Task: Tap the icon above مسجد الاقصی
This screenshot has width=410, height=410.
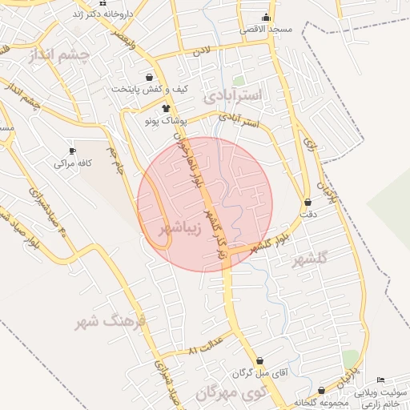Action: click(x=267, y=18)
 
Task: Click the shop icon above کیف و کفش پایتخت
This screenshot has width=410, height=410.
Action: click(x=150, y=78)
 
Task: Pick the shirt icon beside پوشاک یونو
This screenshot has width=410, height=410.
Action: click(x=166, y=108)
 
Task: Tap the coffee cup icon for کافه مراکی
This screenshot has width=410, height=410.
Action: click(x=73, y=151)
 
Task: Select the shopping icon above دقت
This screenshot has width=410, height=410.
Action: click(x=308, y=203)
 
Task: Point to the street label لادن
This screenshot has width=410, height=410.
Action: click(x=200, y=50)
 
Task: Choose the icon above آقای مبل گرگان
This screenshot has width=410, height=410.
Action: click(x=259, y=362)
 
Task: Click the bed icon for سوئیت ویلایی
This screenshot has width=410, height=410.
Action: click(x=380, y=380)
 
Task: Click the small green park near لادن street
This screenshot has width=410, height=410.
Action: click(x=239, y=81)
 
